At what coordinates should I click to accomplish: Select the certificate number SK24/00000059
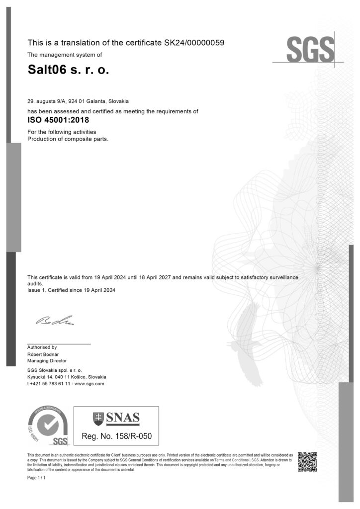194,43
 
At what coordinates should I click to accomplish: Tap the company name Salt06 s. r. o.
68,71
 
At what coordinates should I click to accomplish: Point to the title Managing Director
47,360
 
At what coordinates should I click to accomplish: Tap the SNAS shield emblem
98,419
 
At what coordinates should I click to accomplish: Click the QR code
307,462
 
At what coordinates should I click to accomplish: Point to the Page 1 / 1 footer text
36,478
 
